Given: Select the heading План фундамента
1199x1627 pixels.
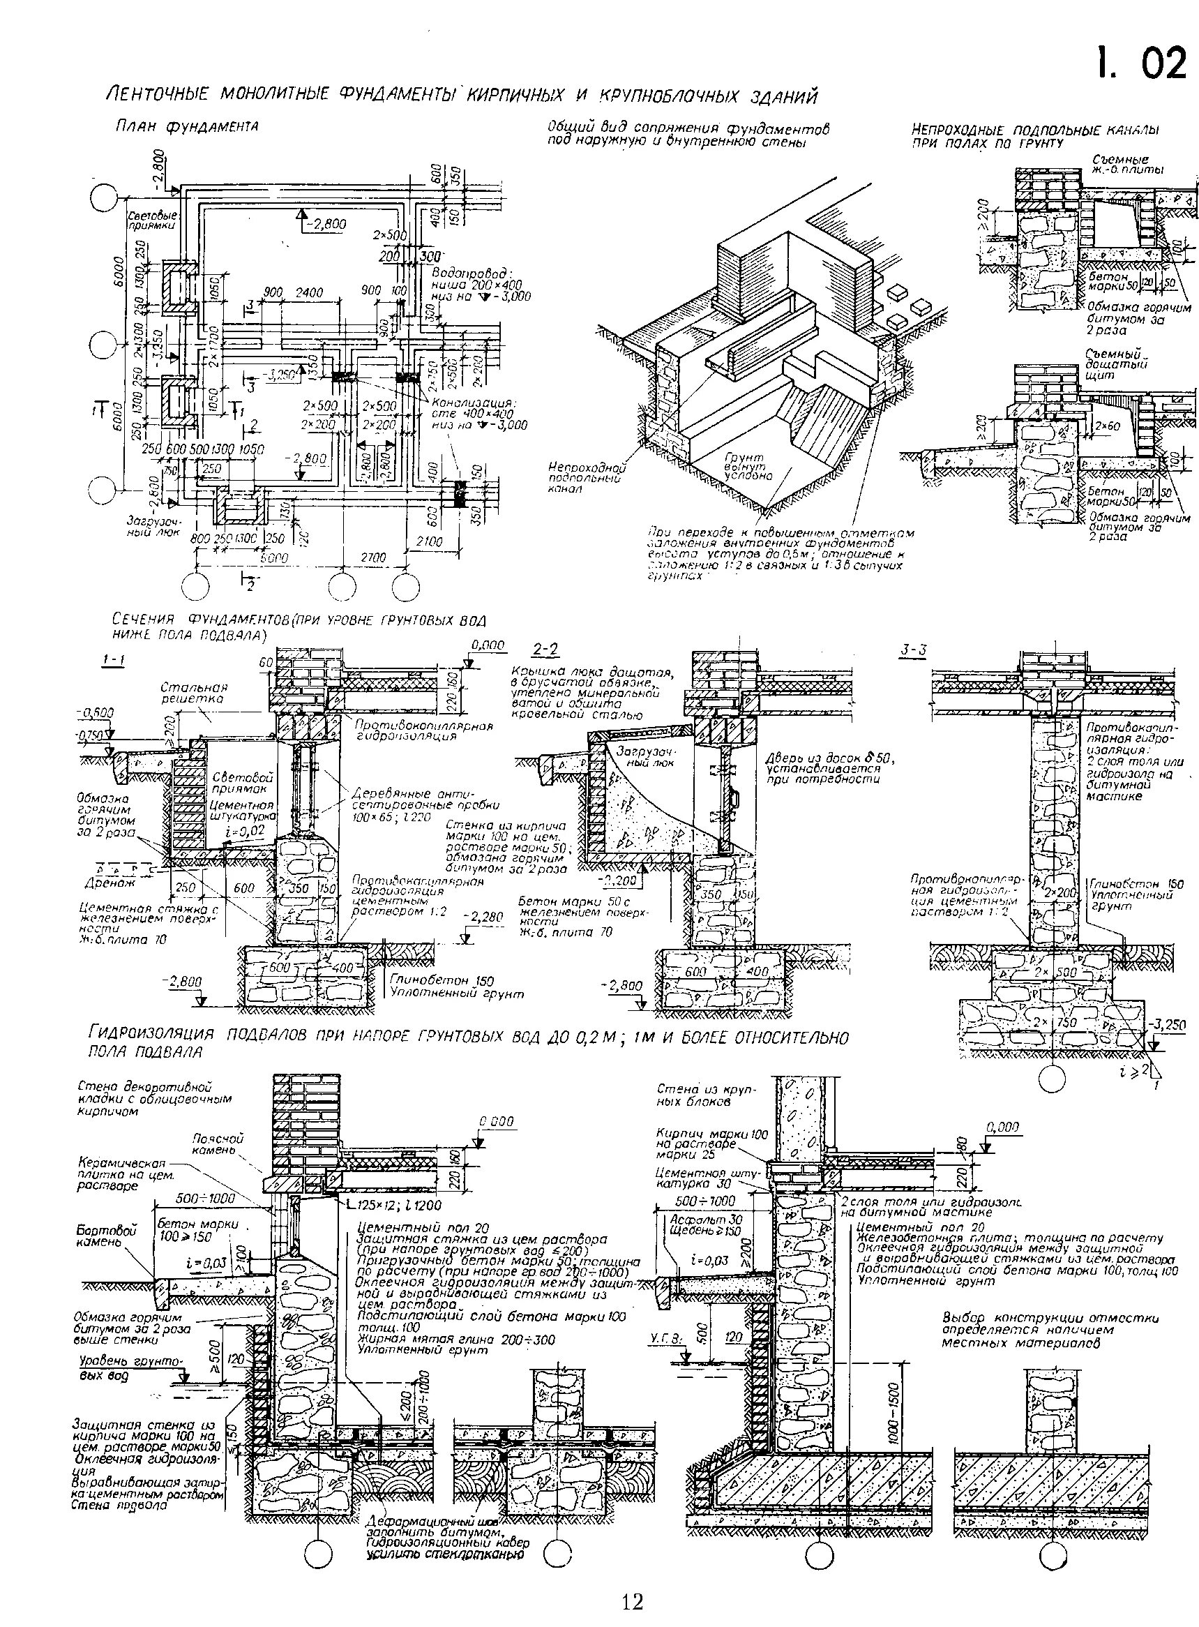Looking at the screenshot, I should point(187,126).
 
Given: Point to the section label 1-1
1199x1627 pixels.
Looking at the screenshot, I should point(113,660).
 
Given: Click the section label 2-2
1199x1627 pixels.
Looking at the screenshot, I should point(545,648).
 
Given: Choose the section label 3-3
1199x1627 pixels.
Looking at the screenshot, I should point(914,650).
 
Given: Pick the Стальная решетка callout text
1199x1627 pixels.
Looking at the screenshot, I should point(194,692).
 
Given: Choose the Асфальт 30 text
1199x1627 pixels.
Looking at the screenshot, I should point(695,1219).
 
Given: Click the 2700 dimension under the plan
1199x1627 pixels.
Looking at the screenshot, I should point(373,557).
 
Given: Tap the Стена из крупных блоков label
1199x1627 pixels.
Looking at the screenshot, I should point(706,1095).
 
